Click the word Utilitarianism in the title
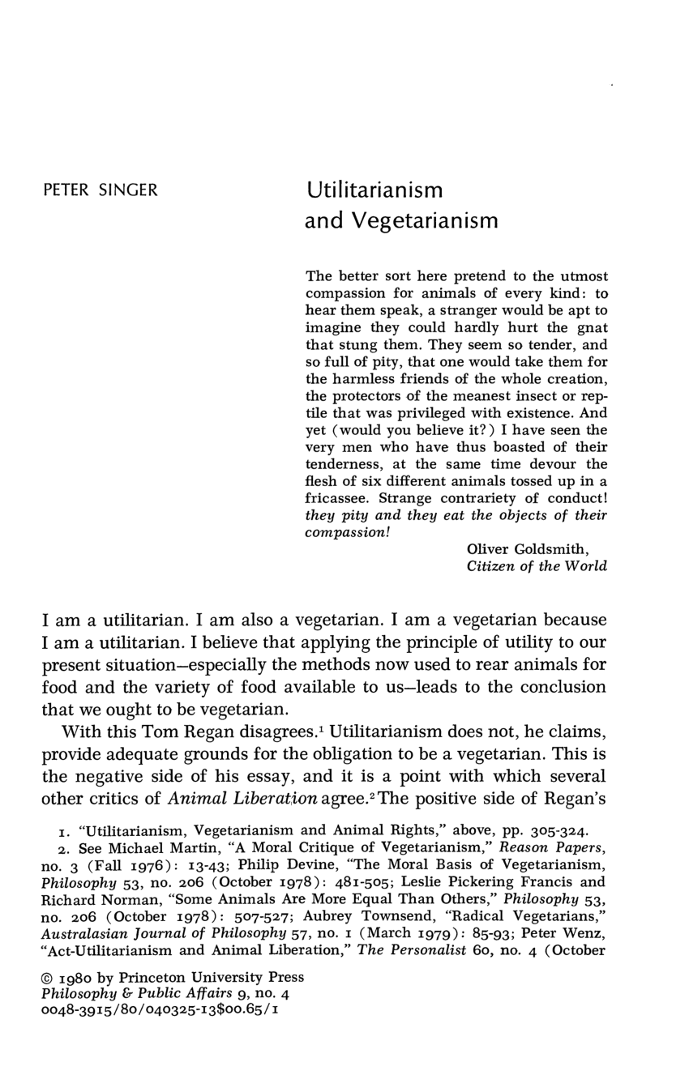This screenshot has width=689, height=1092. [x=374, y=191]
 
